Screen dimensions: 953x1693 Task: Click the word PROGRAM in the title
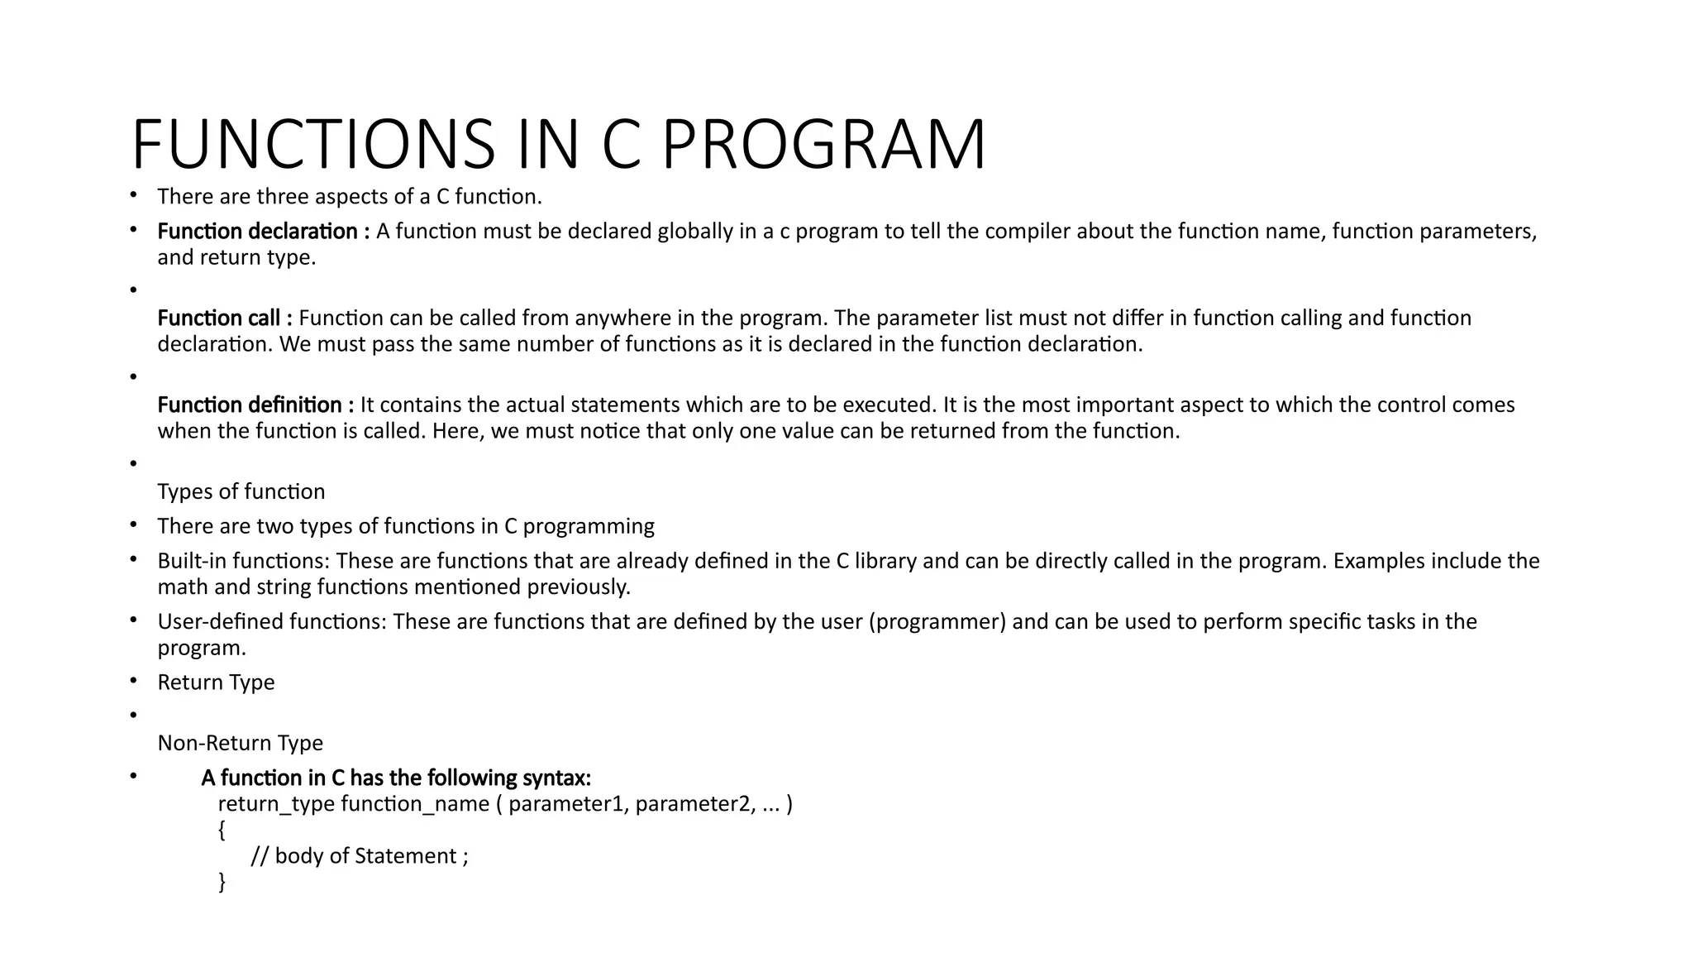(823, 146)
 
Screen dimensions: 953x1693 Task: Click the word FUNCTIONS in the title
(313, 146)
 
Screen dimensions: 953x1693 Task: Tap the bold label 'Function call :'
(225, 318)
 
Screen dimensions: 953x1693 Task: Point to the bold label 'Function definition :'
(255, 405)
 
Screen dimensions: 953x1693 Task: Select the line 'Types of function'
(241, 491)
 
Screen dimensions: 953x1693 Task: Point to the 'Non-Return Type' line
(241, 743)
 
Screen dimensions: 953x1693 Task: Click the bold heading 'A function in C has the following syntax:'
(396, 778)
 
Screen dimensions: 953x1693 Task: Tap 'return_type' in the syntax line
(276, 804)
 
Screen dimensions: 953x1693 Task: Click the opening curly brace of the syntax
(222, 830)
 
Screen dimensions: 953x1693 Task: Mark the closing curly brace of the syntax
(222, 882)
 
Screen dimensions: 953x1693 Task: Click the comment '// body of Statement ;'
(360, 855)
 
